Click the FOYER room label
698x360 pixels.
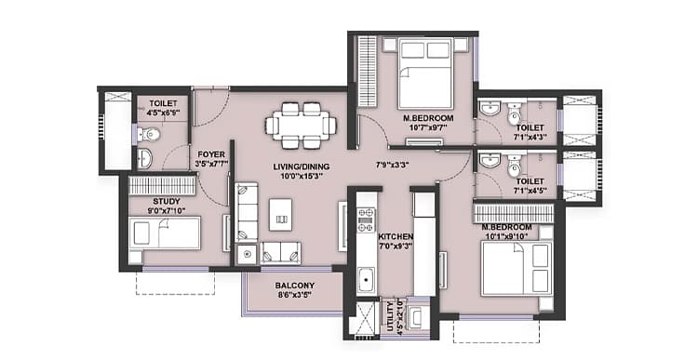click(211, 154)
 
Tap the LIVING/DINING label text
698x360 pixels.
click(302, 167)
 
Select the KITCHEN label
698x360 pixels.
click(396, 236)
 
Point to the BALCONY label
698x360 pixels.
click(295, 286)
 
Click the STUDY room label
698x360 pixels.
click(167, 202)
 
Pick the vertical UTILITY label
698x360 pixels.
click(390, 316)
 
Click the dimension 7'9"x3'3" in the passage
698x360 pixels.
click(392, 165)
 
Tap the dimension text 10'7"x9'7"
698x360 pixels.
click(428, 127)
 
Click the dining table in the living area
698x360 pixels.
click(301, 125)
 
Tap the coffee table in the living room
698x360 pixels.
click(280, 215)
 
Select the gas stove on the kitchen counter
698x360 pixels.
click(367, 220)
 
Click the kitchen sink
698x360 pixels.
click(367, 280)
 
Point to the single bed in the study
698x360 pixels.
click(164, 233)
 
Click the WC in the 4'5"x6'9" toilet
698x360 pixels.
click(149, 134)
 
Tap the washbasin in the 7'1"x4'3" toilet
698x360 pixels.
click(490, 107)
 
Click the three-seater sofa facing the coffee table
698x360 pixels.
click(247, 212)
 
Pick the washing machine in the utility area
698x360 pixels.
click(418, 317)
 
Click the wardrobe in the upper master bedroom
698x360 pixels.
click(368, 72)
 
